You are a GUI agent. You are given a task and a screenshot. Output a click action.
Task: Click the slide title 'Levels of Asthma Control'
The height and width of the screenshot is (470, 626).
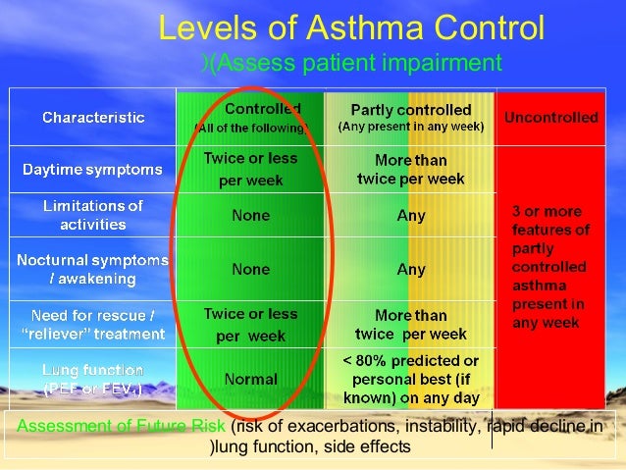point(351,28)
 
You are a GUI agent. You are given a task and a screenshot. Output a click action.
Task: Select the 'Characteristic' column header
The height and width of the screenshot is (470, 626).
point(93,118)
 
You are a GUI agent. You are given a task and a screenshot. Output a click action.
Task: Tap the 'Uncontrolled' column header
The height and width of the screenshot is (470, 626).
point(550,118)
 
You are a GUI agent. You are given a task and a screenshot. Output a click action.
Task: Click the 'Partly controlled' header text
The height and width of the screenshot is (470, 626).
point(410,110)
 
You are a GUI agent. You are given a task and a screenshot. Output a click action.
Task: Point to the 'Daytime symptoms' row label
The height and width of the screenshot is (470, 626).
point(93,170)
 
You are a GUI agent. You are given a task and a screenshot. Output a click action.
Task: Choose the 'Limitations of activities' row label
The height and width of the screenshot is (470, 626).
point(93,215)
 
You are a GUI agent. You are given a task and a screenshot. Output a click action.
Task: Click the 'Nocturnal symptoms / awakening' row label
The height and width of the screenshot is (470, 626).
point(93,268)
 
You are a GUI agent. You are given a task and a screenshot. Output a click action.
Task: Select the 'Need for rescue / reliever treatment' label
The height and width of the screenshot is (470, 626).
point(93,325)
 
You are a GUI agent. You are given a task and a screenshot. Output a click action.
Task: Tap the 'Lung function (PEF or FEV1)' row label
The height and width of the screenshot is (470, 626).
point(93,379)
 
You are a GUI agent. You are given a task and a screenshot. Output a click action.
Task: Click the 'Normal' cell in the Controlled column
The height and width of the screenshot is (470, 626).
point(250,379)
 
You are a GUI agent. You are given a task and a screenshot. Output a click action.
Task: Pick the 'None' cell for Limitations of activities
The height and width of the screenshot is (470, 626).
point(250,215)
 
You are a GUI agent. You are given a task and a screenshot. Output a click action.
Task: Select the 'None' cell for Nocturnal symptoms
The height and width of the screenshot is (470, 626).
point(250,268)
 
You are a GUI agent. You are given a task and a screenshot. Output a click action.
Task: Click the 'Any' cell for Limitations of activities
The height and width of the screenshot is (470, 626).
point(411,216)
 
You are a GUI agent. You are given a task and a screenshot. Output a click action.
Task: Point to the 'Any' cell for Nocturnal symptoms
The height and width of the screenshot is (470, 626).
point(411,268)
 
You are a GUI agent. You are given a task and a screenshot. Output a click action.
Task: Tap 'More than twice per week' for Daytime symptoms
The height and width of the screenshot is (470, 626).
point(411,169)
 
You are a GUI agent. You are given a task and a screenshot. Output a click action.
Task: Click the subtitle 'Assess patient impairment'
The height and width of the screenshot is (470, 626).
point(356,64)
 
